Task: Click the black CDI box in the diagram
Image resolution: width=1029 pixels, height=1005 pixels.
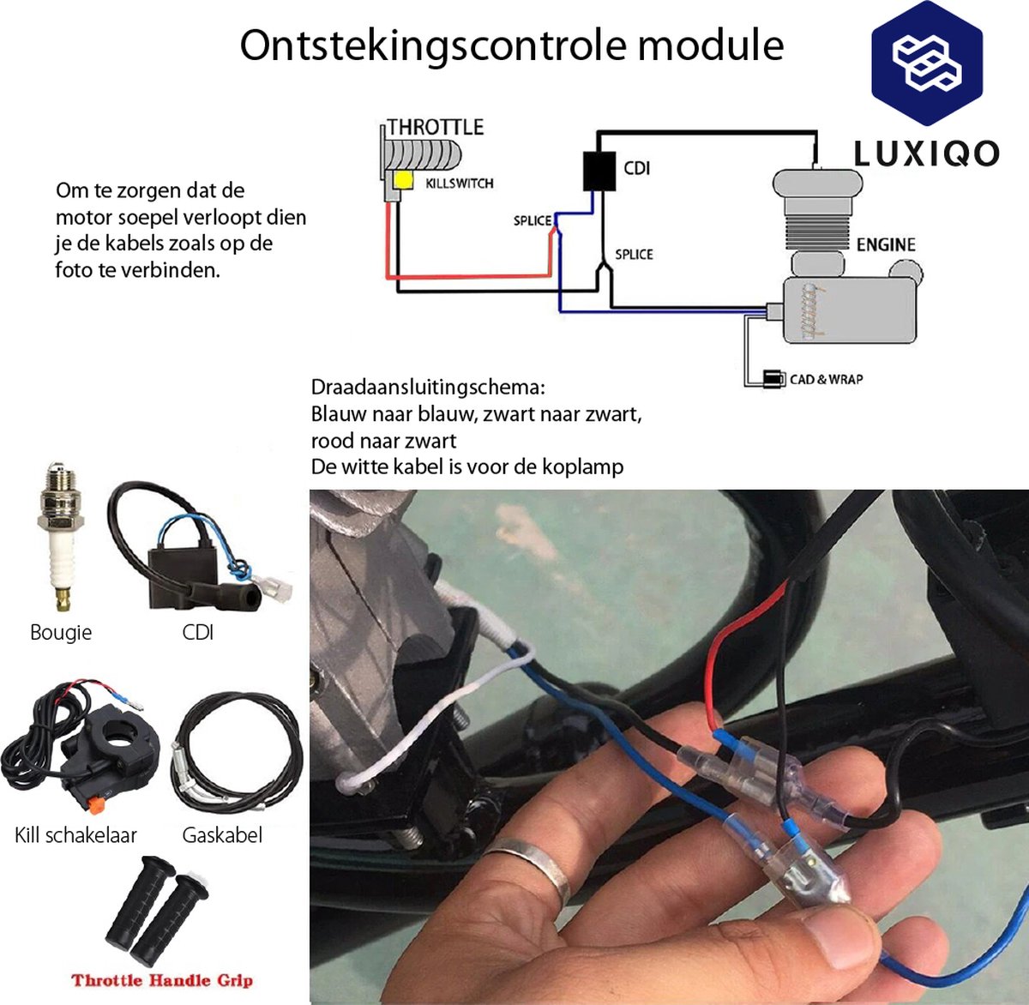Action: click(x=599, y=171)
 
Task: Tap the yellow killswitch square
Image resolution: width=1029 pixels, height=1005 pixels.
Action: click(x=404, y=180)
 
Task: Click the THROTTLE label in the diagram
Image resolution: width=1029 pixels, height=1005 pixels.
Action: click(x=436, y=128)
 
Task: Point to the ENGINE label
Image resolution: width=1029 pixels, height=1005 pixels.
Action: click(x=886, y=244)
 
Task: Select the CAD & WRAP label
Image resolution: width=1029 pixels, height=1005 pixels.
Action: click(x=826, y=379)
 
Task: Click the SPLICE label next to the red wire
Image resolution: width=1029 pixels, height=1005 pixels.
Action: click(x=533, y=220)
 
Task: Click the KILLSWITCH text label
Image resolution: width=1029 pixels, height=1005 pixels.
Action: click(x=460, y=184)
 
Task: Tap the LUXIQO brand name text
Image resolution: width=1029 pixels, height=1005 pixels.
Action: click(x=926, y=153)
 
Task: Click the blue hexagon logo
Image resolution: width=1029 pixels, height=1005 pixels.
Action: click(x=927, y=63)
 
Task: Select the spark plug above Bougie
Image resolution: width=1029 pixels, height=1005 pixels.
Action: click(x=60, y=536)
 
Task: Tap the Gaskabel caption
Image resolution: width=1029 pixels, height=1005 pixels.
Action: click(x=222, y=835)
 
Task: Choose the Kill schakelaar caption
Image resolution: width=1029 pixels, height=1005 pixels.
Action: click(x=75, y=835)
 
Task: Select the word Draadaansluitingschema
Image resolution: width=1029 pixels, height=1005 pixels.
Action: click(x=424, y=388)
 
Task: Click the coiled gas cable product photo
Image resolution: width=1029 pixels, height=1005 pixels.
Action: click(x=237, y=755)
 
